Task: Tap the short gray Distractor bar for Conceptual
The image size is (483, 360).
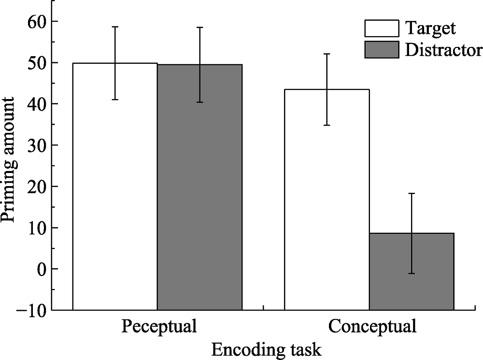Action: tap(412, 271)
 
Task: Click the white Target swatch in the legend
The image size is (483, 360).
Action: tap(382, 29)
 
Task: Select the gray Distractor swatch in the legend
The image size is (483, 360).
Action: tap(382, 50)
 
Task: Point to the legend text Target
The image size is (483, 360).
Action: tap(430, 29)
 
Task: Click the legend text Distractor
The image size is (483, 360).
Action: tap(443, 50)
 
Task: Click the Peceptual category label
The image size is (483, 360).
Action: tap(159, 327)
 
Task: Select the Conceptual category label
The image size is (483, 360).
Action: tap(372, 327)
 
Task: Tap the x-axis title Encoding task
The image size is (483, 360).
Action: tap(266, 349)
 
